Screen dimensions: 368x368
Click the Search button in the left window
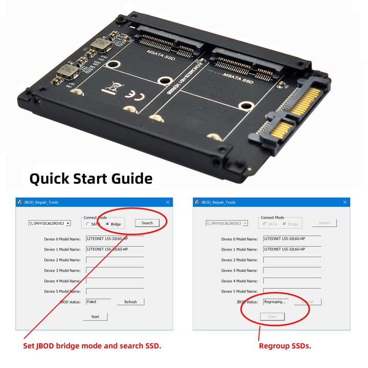tap(147, 223)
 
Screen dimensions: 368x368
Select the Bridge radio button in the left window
tap(107, 224)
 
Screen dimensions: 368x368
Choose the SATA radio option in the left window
tap(87, 224)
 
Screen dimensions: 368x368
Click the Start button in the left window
tap(95, 316)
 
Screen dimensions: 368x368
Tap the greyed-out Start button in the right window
tap(272, 316)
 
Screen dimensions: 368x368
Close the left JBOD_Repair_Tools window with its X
tap(167, 202)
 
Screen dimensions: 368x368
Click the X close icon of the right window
tap(344, 202)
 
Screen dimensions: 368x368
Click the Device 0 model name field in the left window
tap(114, 239)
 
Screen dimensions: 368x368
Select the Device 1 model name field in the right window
tap(292, 249)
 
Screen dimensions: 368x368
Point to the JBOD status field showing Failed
tap(98, 302)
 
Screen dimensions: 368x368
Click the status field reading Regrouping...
tap(275, 302)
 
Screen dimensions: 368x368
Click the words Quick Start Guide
tap(90, 178)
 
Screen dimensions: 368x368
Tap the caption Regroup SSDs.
tap(285, 346)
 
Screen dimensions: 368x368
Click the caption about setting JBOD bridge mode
tap(93, 346)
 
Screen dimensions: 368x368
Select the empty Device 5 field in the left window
tap(114, 291)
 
